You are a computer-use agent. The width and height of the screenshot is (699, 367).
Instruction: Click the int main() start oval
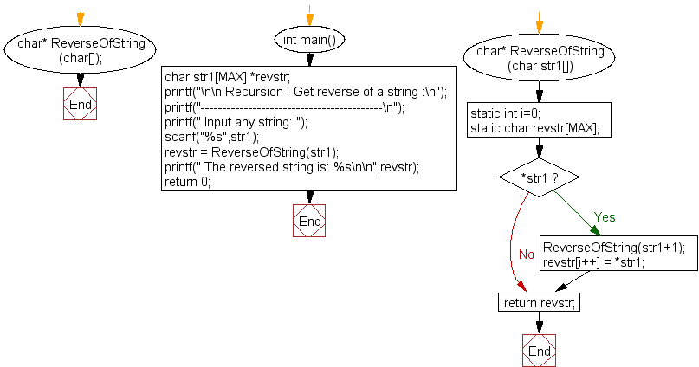[308, 40]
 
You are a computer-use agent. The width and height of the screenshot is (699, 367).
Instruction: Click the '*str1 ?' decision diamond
[539, 179]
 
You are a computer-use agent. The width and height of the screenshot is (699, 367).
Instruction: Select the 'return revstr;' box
[539, 302]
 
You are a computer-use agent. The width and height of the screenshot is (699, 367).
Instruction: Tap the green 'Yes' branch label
[605, 216]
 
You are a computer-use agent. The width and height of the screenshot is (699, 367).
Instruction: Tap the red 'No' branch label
[527, 254]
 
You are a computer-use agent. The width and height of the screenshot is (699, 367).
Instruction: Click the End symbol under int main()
[308, 221]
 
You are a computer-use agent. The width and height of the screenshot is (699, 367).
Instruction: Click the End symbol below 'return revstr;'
[539, 351]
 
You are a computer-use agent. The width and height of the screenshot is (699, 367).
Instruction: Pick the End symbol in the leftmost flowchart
[80, 105]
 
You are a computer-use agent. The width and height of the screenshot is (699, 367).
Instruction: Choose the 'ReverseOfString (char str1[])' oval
[539, 58]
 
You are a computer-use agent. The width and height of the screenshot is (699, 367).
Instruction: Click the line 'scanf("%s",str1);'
[211, 137]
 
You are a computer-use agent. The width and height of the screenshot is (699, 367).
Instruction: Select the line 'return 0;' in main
[187, 182]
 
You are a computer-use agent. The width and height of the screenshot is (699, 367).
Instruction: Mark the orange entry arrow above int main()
[308, 17]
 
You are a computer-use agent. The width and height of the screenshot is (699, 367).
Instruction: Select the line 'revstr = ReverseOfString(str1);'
[251, 151]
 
